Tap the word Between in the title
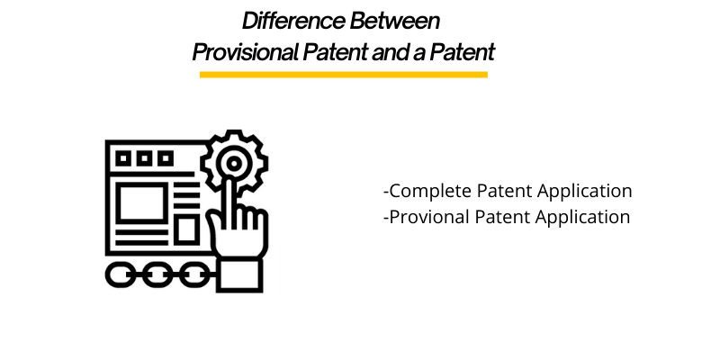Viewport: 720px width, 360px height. tap(403, 20)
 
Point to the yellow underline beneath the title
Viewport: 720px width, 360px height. tap(343, 74)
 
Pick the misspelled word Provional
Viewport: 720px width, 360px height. tap(424, 217)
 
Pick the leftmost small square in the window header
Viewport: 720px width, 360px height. tap(125, 159)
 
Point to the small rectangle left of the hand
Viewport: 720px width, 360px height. tap(185, 230)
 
